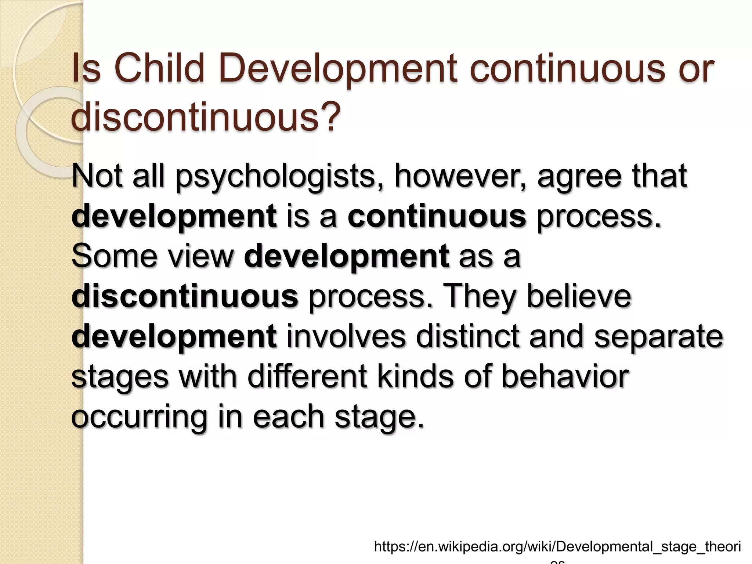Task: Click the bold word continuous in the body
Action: point(437,216)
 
